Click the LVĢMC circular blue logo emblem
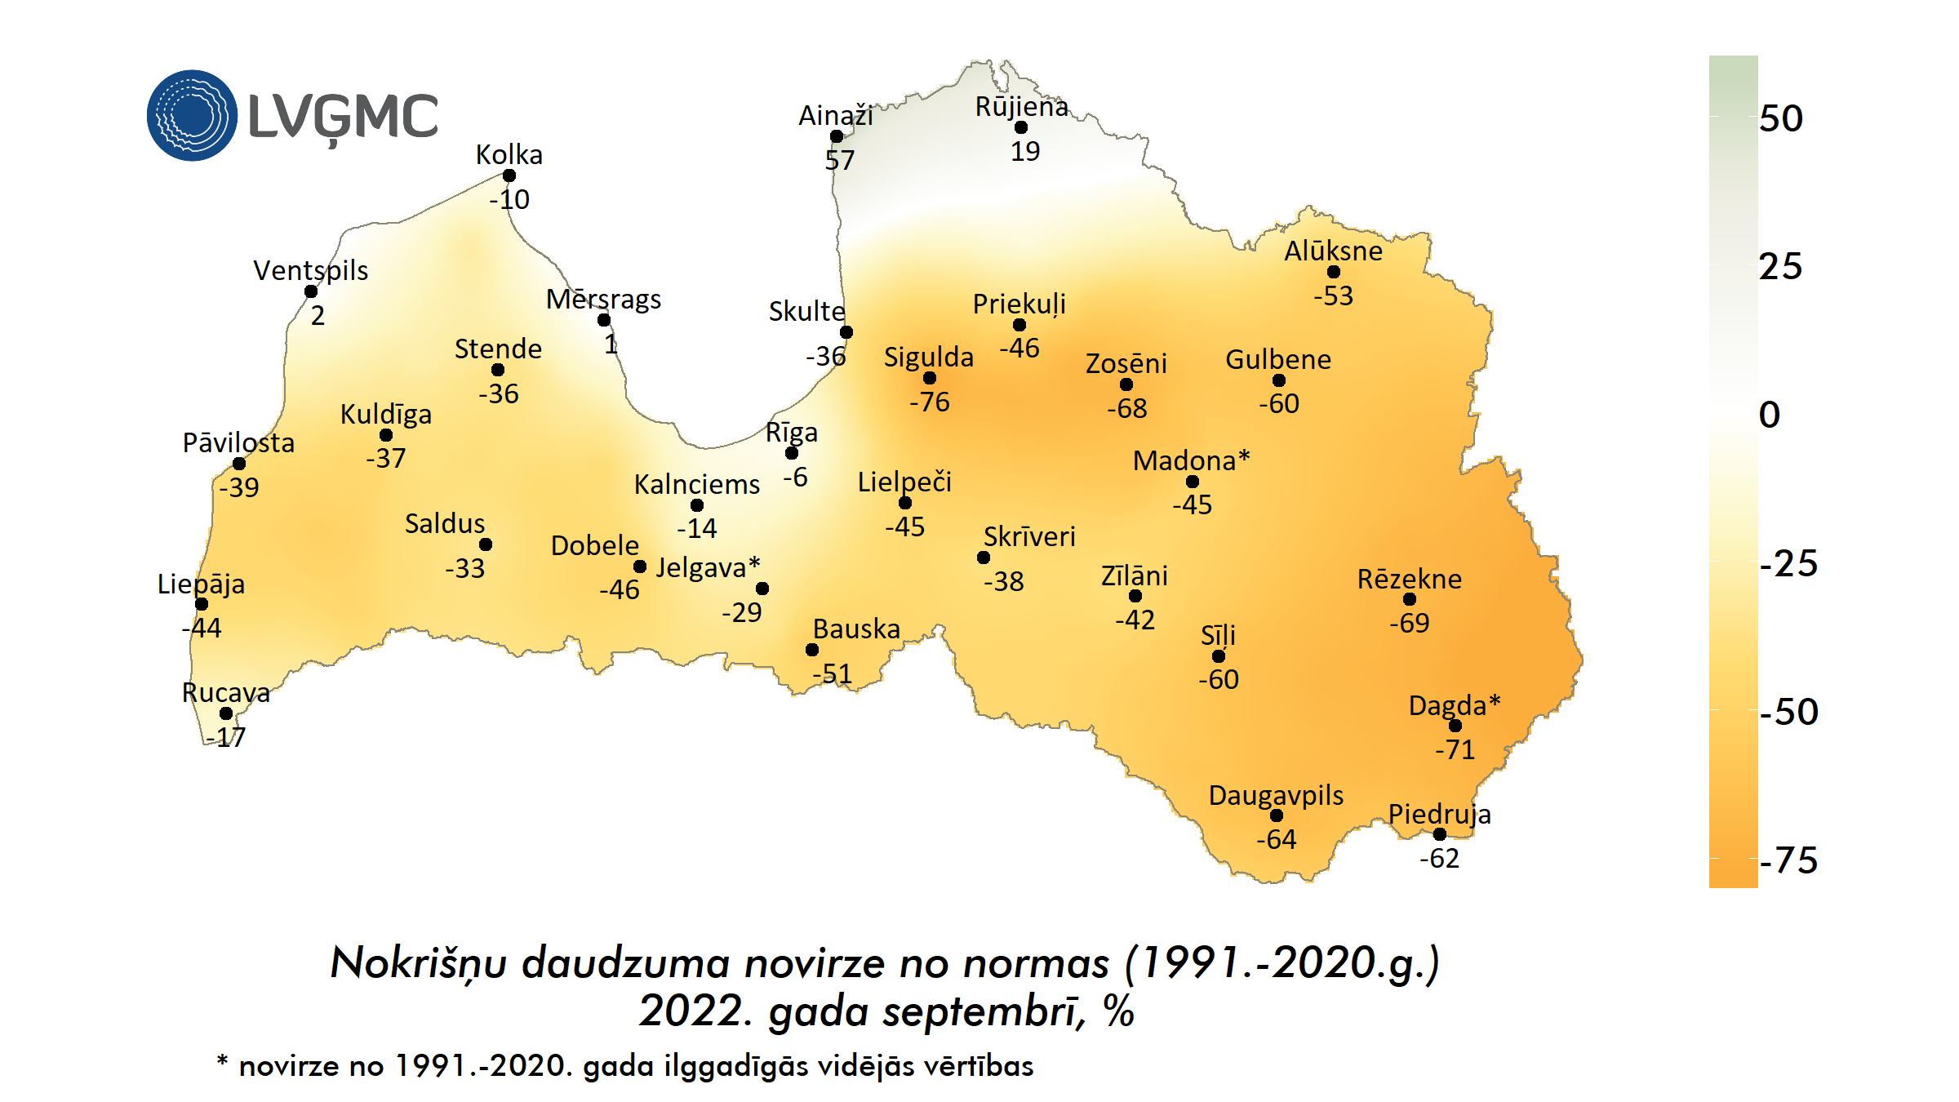tap(193, 115)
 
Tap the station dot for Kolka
tap(509, 176)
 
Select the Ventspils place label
tap(310, 270)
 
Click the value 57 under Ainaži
tap(839, 160)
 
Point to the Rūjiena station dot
tap(1021, 127)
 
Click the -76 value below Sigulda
tap(930, 402)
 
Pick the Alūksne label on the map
tap(1333, 251)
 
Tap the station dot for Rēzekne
tap(1410, 599)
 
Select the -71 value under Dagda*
tap(1455, 749)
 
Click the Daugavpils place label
tap(1276, 795)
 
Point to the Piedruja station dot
tap(1440, 834)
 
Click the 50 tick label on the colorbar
tap(1781, 118)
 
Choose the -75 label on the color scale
tap(1788, 860)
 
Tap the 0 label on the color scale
tap(1770, 415)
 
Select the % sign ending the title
tap(1118, 1011)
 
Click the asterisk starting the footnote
tap(222, 1061)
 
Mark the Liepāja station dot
tap(202, 604)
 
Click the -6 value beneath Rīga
tap(795, 478)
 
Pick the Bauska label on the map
tap(856, 629)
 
